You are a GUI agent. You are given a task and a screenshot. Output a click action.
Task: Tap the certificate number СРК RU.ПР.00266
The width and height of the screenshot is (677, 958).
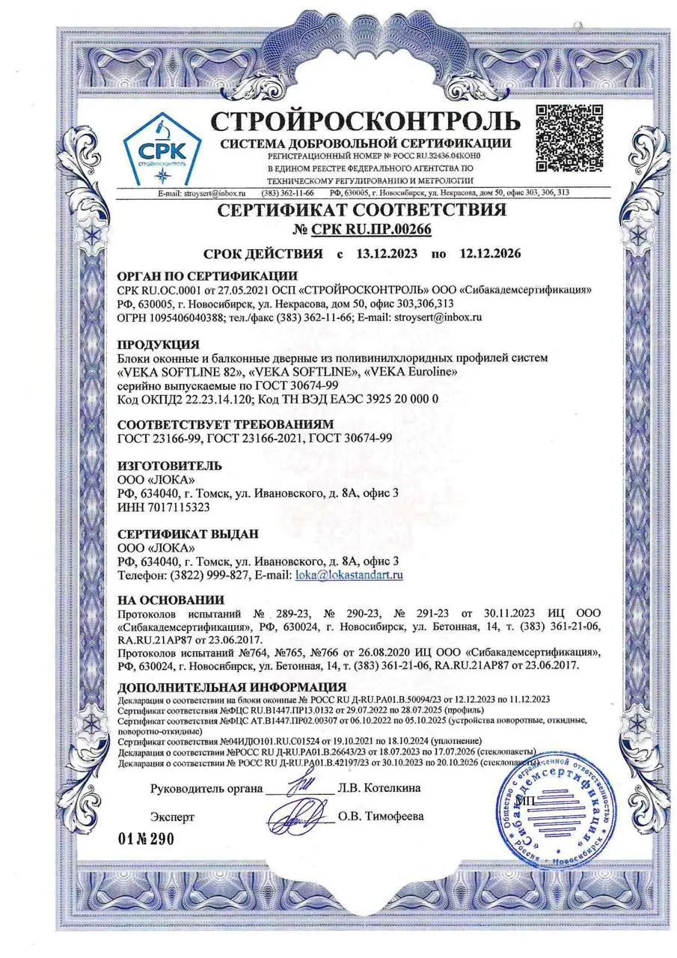(361, 230)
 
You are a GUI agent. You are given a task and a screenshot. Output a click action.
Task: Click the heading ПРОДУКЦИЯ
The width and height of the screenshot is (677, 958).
(159, 345)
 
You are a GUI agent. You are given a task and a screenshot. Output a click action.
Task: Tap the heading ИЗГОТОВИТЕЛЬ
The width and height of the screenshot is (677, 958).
(170, 466)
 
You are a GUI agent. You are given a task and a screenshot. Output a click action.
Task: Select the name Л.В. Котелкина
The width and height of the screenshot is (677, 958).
(379, 788)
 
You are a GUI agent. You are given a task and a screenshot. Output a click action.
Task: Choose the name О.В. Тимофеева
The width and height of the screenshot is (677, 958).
(381, 816)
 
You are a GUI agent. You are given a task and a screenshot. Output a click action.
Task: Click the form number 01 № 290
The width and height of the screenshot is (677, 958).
(146, 838)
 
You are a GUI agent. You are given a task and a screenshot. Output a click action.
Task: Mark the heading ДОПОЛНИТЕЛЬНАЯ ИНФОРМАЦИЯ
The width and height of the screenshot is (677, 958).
(232, 687)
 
